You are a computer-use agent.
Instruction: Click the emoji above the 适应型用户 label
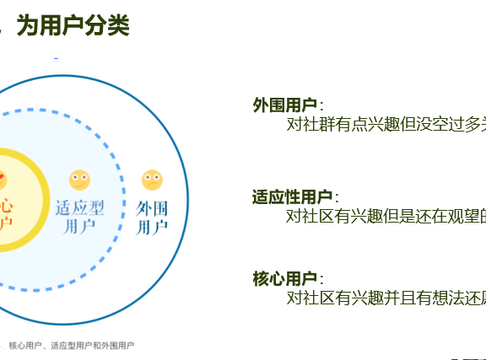[x=79, y=180]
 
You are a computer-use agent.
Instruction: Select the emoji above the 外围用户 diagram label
[x=152, y=180]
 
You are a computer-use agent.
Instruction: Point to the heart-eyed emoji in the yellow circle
[x=2, y=180]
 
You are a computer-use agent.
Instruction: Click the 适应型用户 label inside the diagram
[x=79, y=216]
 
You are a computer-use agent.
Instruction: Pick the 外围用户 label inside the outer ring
[x=152, y=217]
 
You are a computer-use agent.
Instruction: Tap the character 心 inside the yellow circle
[x=6, y=205]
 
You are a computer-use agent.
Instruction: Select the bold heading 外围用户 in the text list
[x=284, y=105]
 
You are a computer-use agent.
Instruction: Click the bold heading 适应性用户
[x=293, y=197]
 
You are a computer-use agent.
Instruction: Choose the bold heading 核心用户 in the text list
[x=284, y=278]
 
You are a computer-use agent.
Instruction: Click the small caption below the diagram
[x=71, y=345]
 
